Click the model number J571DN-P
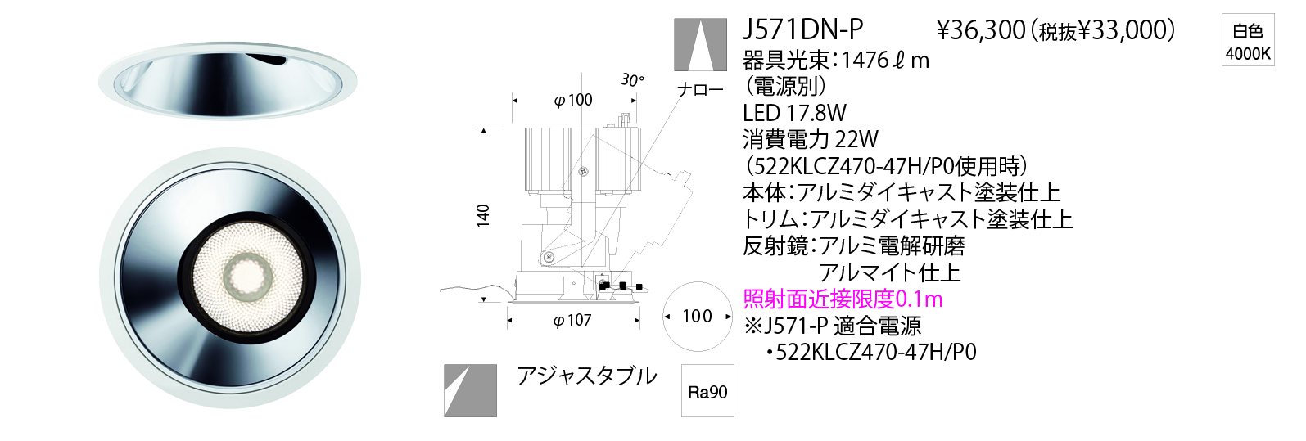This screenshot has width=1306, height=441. click(802, 29)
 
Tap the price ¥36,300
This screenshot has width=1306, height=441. click(981, 30)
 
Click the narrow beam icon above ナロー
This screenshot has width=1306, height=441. click(699, 45)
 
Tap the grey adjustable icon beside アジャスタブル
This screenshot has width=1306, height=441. click(470, 390)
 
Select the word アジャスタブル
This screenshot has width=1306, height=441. click(586, 376)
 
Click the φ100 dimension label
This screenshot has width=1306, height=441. click(573, 100)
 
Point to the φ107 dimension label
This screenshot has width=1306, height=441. click(572, 320)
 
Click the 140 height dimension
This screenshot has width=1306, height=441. click(483, 215)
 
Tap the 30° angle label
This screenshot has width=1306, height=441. click(632, 79)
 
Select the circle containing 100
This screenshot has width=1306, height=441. click(697, 316)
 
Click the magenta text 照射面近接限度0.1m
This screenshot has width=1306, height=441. click(843, 299)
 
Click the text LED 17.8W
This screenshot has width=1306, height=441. click(794, 113)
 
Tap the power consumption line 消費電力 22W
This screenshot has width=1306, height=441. click(811, 139)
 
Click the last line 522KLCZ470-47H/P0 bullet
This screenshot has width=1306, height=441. click(871, 352)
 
